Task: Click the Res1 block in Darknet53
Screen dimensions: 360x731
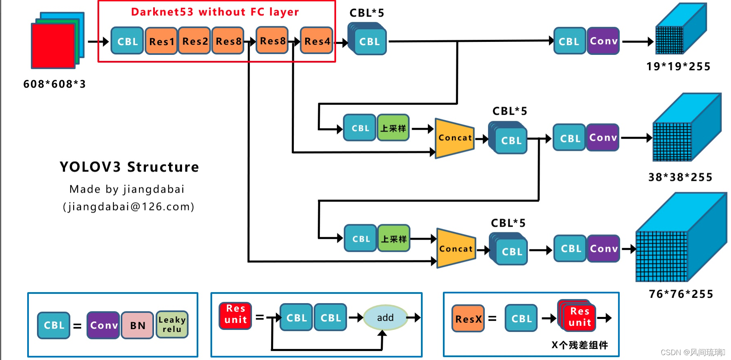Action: coord(161,41)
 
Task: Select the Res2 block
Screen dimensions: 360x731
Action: coord(195,41)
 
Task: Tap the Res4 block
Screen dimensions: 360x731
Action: coord(317,41)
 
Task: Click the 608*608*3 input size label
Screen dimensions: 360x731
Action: coord(54,84)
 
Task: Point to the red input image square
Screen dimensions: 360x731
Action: coord(53,46)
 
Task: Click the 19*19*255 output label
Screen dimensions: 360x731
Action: coord(678,67)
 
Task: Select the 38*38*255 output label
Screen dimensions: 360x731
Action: coord(680,177)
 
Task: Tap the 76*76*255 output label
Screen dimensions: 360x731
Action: coord(681,294)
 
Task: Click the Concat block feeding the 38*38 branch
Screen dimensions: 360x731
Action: coord(455,138)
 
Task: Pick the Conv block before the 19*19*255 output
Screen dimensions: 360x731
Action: coord(603,41)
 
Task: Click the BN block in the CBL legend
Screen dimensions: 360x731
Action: coord(137,325)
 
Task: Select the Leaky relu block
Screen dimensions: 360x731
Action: coord(172,325)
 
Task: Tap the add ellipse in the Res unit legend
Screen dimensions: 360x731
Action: coord(385,318)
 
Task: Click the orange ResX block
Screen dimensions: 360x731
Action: coord(468,319)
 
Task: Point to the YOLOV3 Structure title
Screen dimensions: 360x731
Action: coord(129,167)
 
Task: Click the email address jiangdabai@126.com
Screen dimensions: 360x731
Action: coord(128,207)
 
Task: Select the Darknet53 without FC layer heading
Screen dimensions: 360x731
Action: coord(215,12)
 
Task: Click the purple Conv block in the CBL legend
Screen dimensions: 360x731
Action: coord(103,325)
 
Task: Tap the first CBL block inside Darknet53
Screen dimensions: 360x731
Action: coord(127,41)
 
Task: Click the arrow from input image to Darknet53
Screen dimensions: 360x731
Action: coord(98,41)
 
